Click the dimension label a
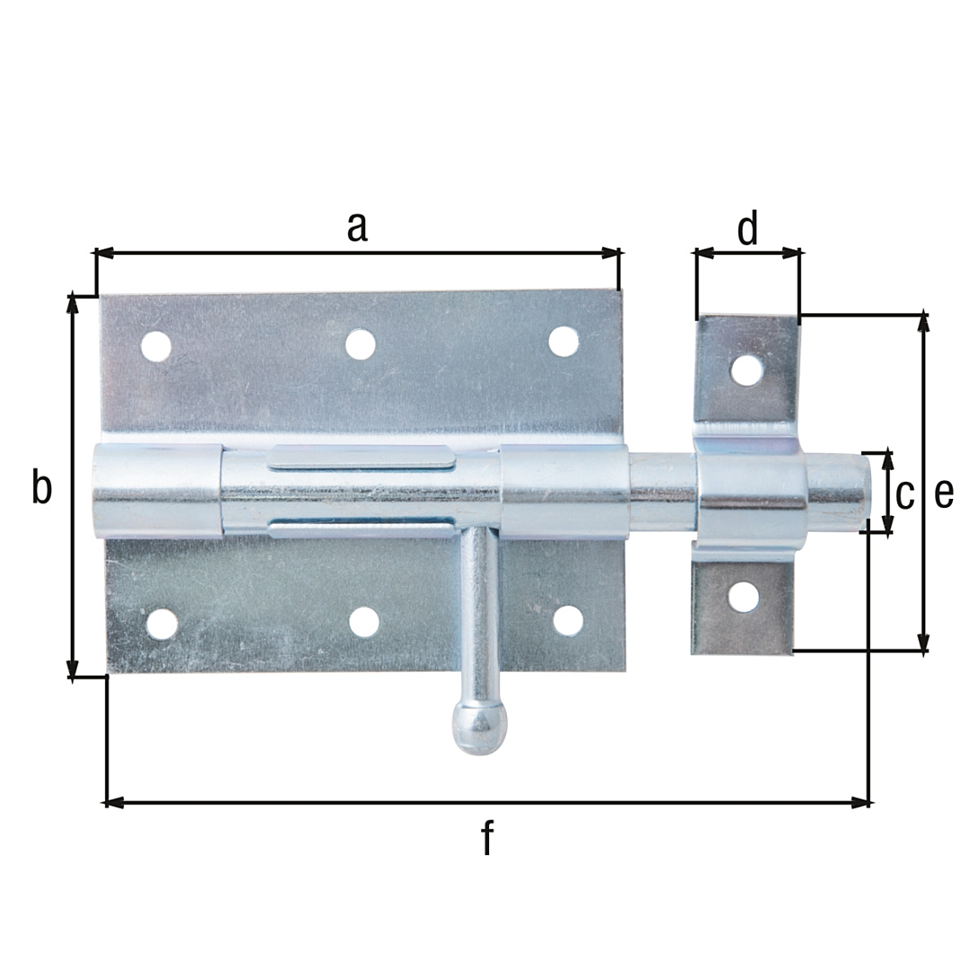point(357,228)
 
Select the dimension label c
point(904,495)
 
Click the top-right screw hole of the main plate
point(563,342)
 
